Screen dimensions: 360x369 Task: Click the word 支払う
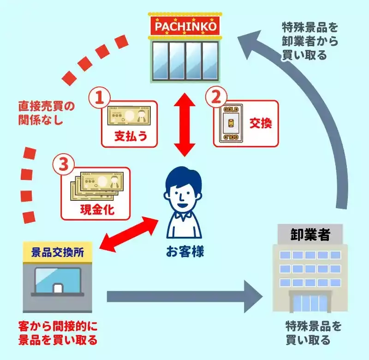pyautogui.click(x=129, y=136)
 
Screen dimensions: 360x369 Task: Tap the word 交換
pyautogui.click(x=261, y=123)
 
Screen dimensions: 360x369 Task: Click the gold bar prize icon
pyautogui.click(x=229, y=123)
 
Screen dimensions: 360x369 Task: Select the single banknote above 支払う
pyautogui.click(x=129, y=115)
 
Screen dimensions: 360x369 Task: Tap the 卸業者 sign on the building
pyautogui.click(x=310, y=234)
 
